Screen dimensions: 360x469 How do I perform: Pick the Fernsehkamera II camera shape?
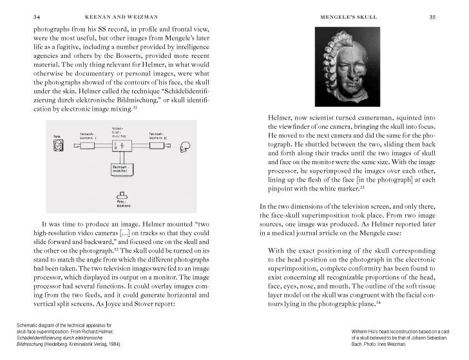[x=158, y=147]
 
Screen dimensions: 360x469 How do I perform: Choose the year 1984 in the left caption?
[x=114, y=344]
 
